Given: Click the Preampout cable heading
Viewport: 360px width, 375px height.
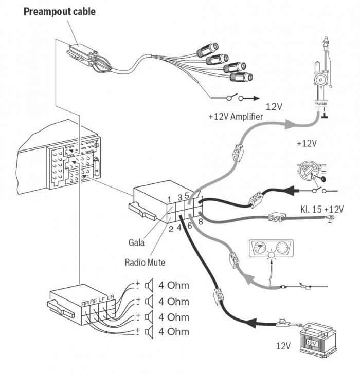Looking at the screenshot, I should [x=60, y=11].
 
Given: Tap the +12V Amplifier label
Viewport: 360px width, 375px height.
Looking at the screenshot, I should [x=236, y=117].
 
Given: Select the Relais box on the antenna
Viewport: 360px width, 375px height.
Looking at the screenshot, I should [x=320, y=103].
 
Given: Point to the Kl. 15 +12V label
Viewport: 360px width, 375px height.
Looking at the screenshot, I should [x=322, y=209].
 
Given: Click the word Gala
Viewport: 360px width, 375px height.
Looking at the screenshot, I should [x=137, y=241].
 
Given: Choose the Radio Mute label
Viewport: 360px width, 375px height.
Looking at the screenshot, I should [x=145, y=262].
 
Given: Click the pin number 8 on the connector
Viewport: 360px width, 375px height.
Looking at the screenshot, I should [x=201, y=221].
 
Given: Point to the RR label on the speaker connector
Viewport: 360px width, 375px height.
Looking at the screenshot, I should [x=85, y=304].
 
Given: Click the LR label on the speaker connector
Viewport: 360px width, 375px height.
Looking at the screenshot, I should [x=110, y=298].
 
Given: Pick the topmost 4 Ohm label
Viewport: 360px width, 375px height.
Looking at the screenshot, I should [x=174, y=286].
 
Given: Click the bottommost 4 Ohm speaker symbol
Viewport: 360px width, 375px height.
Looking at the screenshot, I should [x=150, y=332].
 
